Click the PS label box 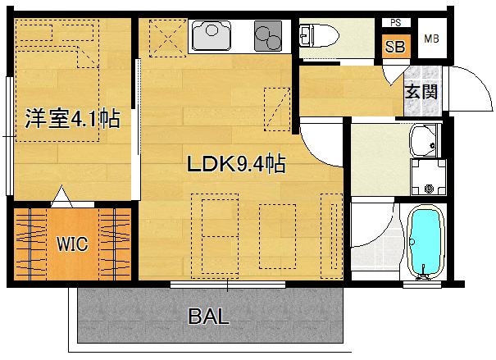tap(396, 23)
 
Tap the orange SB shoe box tap(396, 47)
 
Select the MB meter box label tap(431, 39)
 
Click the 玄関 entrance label tap(421, 92)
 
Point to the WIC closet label tap(72, 244)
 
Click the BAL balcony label tap(209, 316)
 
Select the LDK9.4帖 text tap(236, 163)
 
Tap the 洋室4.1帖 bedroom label tap(72, 119)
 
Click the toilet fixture tap(319, 35)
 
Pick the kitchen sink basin tap(211, 35)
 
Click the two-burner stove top tap(268, 36)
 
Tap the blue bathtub tap(425, 243)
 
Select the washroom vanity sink tap(425, 141)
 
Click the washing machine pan tap(429, 177)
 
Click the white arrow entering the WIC tap(62, 198)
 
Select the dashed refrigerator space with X tap(168, 39)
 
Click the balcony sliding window tap(228, 285)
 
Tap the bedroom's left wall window tap(10, 136)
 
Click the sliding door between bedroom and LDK tap(137, 130)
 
